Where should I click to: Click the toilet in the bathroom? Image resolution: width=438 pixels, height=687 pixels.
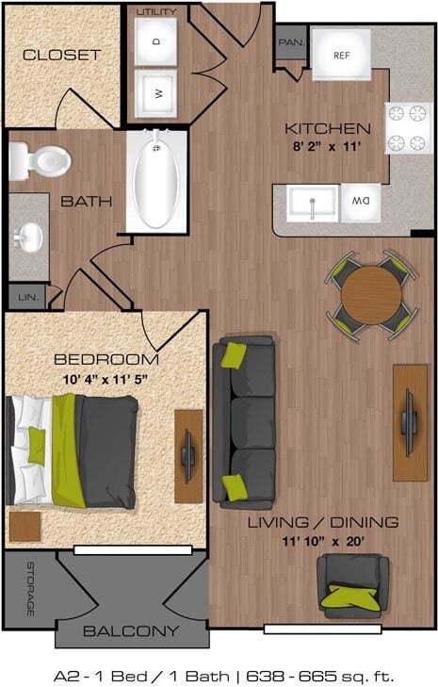pyautogui.click(x=42, y=159)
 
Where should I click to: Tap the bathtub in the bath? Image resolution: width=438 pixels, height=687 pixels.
pyautogui.click(x=156, y=179)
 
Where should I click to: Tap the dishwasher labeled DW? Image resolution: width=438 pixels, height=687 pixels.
pyautogui.click(x=360, y=201)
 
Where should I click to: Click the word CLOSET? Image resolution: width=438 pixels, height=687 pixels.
pyautogui.click(x=61, y=55)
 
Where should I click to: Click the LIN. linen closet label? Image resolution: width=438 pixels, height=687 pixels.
pyautogui.click(x=26, y=298)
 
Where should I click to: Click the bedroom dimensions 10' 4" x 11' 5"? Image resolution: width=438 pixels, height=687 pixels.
pyautogui.click(x=105, y=379)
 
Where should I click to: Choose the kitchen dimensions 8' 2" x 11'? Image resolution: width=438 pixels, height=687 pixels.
pyautogui.click(x=328, y=146)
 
